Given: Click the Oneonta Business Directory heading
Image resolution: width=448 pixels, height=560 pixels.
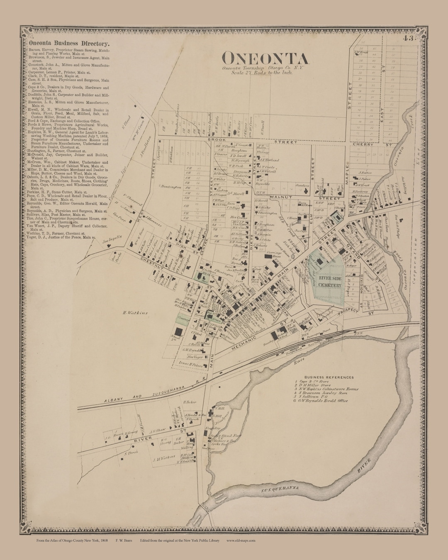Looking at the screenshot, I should (69, 43).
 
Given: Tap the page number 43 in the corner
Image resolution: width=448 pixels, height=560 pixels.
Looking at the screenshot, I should (407, 39).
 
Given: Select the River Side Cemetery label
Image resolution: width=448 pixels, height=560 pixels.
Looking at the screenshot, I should (330, 282).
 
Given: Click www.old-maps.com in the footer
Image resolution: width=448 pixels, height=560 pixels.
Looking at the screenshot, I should (241, 541).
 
